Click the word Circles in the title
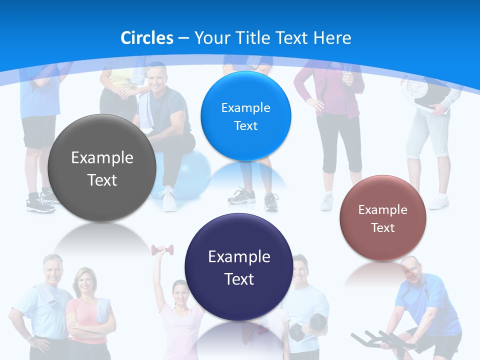click(147, 37)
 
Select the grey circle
click(102, 168)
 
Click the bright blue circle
click(245, 116)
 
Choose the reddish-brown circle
click(383, 218)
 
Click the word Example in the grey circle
click(102, 158)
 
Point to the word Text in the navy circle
click(239, 279)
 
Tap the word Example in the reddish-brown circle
click(383, 210)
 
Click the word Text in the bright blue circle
click(245, 126)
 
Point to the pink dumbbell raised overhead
click(162, 249)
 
